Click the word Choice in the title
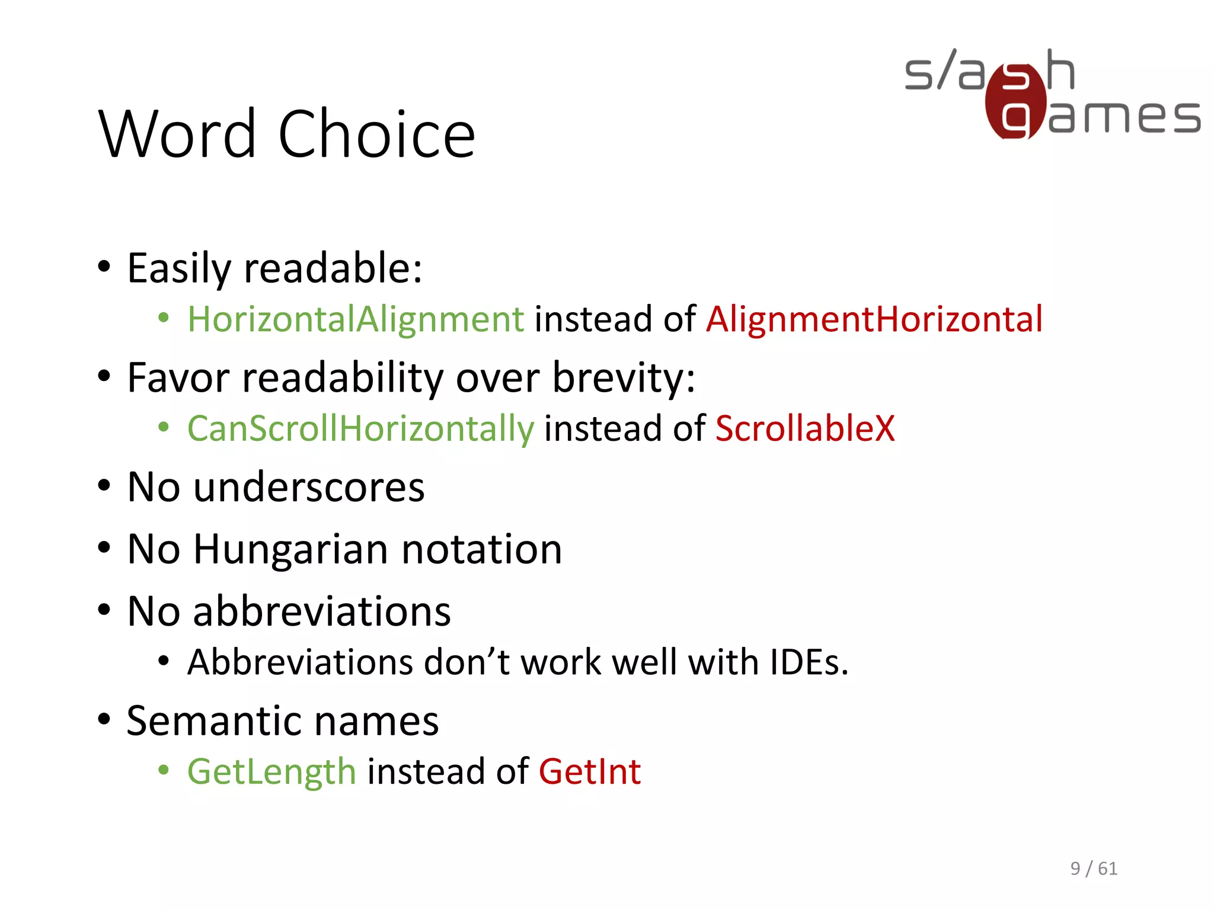point(376,135)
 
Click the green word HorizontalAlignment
point(356,320)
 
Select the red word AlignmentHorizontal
point(874,320)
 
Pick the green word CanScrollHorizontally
point(360,429)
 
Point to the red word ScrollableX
point(805,429)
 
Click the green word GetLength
point(271,772)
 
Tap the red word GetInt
point(590,772)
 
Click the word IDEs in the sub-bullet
point(809,662)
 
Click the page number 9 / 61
point(1094,869)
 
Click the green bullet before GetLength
point(164,770)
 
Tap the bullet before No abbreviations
point(104,610)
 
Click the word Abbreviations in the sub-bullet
point(300,662)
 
